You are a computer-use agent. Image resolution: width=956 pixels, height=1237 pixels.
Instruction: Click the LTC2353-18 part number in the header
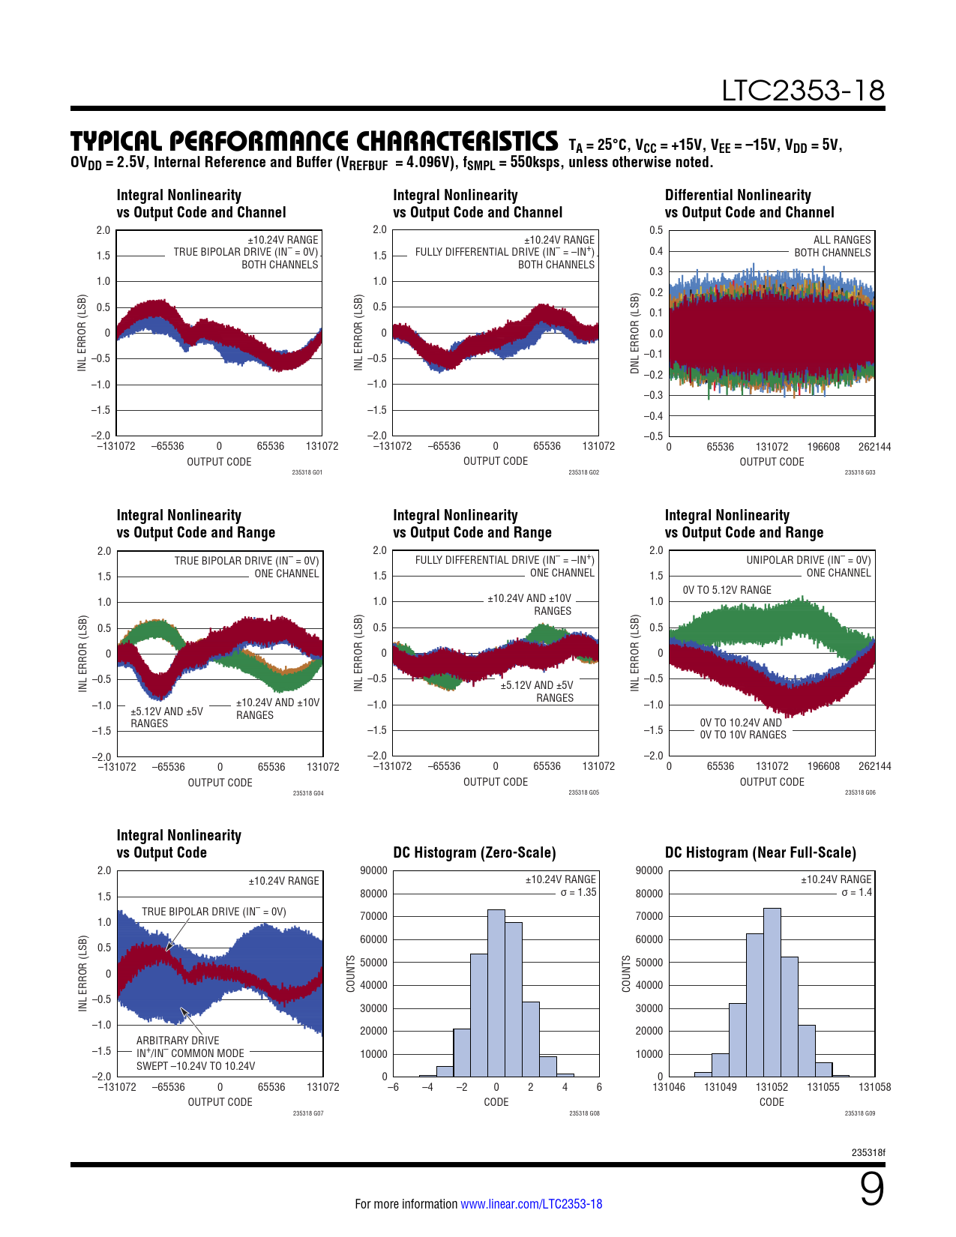(802, 91)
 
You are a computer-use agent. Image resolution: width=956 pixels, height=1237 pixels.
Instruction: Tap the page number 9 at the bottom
(871, 1190)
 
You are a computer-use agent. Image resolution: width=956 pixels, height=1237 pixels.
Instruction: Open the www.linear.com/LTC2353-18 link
(531, 1204)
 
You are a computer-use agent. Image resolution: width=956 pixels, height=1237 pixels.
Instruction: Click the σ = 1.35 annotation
(578, 892)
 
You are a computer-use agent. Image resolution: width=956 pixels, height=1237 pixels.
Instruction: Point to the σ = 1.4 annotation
(856, 892)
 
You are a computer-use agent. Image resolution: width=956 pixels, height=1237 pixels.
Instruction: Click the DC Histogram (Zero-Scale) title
(474, 852)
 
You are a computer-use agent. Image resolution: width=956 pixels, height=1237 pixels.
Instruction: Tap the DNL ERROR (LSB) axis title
(635, 333)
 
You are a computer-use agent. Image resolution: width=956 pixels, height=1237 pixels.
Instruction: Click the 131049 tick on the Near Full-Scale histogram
(720, 1087)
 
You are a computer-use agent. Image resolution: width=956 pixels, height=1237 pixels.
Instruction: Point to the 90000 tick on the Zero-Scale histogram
(373, 870)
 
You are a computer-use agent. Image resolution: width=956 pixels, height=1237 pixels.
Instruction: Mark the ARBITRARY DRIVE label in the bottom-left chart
(178, 1041)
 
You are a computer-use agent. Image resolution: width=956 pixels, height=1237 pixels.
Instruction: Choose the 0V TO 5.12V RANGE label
(727, 590)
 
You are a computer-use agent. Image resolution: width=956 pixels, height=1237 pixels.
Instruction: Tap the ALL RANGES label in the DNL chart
(842, 240)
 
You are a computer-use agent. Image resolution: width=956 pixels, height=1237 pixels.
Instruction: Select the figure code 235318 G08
(583, 1113)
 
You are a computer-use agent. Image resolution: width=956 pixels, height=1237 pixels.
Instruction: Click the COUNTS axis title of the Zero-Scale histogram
(350, 974)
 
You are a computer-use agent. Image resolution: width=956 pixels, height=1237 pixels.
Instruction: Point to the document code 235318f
(868, 1152)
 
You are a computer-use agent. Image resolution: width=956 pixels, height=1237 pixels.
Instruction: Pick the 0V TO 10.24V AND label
(740, 723)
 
